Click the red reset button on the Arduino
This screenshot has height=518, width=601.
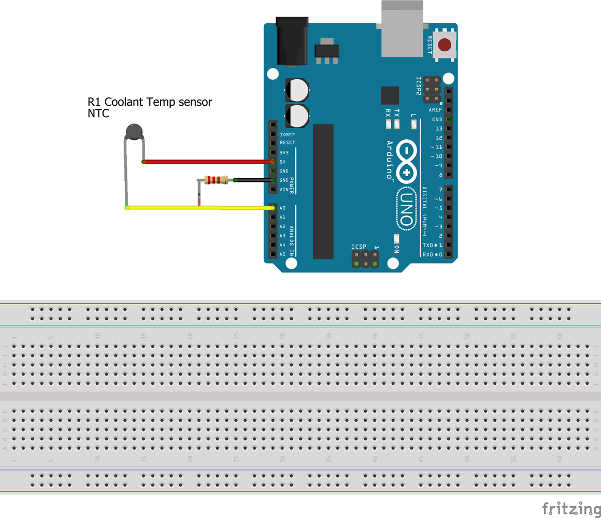point(444,45)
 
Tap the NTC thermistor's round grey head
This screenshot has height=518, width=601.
point(134,132)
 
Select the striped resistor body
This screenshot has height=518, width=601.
point(216,180)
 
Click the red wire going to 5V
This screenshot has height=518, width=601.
point(207,162)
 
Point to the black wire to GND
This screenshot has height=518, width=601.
point(254,180)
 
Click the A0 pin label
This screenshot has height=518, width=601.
point(282,208)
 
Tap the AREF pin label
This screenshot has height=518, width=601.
point(436,110)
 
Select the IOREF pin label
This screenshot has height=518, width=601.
point(287,134)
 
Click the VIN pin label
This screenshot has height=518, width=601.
point(284,190)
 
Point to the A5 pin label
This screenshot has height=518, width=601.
point(282,254)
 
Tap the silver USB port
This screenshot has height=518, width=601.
point(402,28)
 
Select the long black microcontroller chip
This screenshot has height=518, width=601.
point(323,192)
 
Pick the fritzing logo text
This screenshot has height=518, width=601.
point(571,508)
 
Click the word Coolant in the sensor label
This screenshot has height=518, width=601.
point(124,102)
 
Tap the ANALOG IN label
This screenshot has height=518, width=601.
point(291,241)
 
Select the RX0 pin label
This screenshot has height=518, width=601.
point(428,254)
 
